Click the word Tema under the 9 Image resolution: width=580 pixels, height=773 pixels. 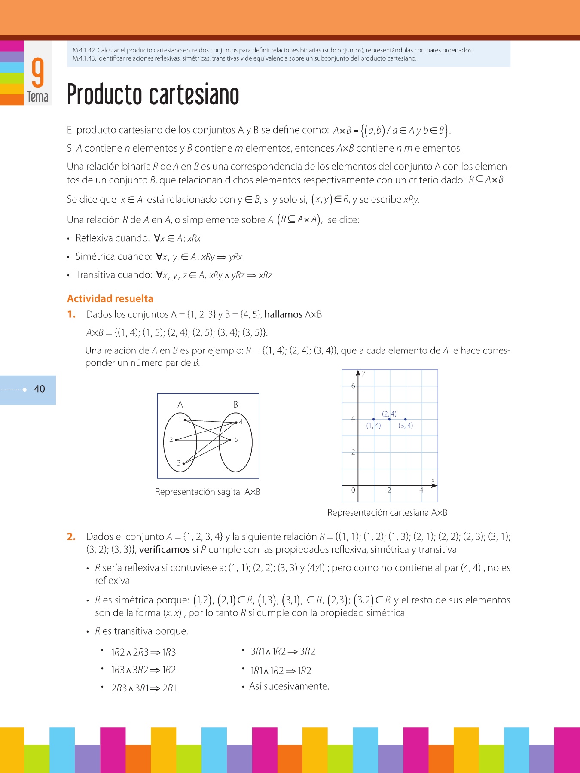(38, 97)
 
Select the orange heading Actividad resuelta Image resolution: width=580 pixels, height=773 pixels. (110, 298)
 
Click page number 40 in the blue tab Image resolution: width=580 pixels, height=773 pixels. (40, 389)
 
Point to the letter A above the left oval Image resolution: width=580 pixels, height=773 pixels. (180, 405)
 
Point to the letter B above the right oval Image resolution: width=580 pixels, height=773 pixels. (235, 405)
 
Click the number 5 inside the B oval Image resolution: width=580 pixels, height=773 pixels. (236, 439)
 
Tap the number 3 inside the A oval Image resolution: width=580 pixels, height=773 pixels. (179, 463)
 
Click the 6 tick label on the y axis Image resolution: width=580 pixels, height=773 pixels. (353, 386)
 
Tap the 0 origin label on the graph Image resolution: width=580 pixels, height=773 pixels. (353, 490)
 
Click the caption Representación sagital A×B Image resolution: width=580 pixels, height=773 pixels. (208, 492)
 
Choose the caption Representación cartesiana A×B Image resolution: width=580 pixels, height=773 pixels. (387, 513)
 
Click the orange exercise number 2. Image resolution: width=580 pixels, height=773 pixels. (71, 536)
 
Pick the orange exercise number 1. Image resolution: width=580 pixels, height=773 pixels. (71, 314)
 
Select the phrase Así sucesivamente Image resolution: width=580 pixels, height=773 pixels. (289, 686)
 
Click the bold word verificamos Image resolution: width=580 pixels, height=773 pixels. (165, 550)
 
